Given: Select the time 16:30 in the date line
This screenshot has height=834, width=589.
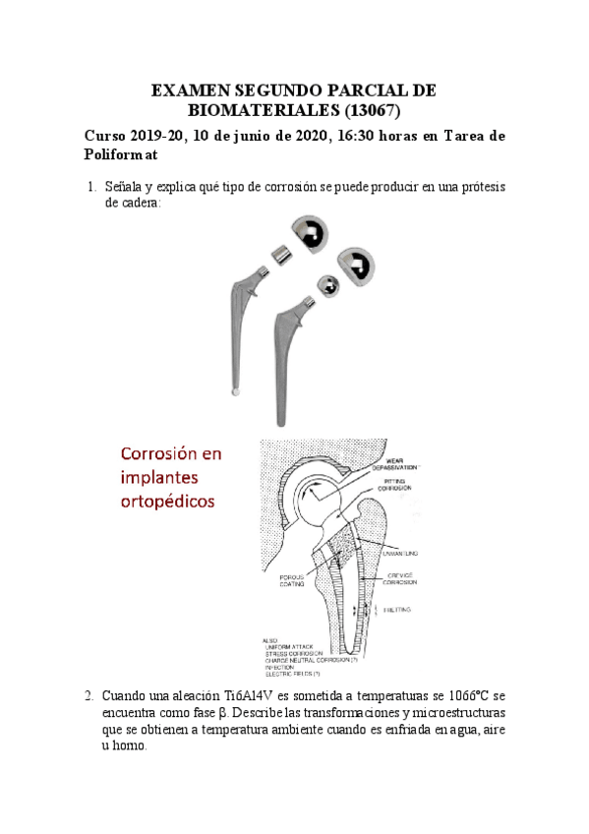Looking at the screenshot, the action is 337,136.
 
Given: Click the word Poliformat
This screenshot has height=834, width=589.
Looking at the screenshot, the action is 120,155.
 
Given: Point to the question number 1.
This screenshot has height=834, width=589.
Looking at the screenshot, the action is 90,187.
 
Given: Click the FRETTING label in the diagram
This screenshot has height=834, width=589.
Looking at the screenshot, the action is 401,610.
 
